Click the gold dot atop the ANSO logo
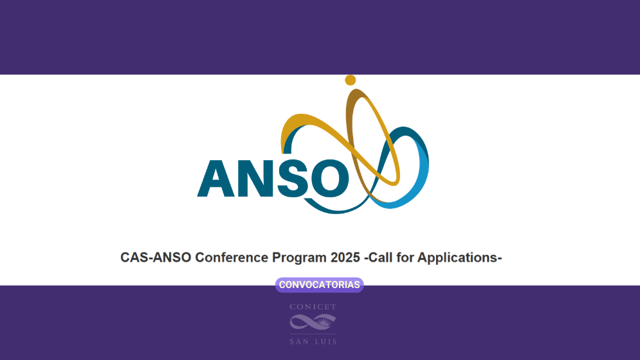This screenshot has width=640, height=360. point(351,80)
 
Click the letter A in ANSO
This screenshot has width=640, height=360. point(215,178)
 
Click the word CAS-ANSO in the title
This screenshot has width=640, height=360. point(155,258)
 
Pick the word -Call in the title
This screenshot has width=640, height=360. point(379,258)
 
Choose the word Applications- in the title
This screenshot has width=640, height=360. point(460,258)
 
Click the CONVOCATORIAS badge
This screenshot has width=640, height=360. point(320,285)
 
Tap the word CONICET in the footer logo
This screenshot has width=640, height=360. point(313,307)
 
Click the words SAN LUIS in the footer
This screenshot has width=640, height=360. point(313,341)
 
